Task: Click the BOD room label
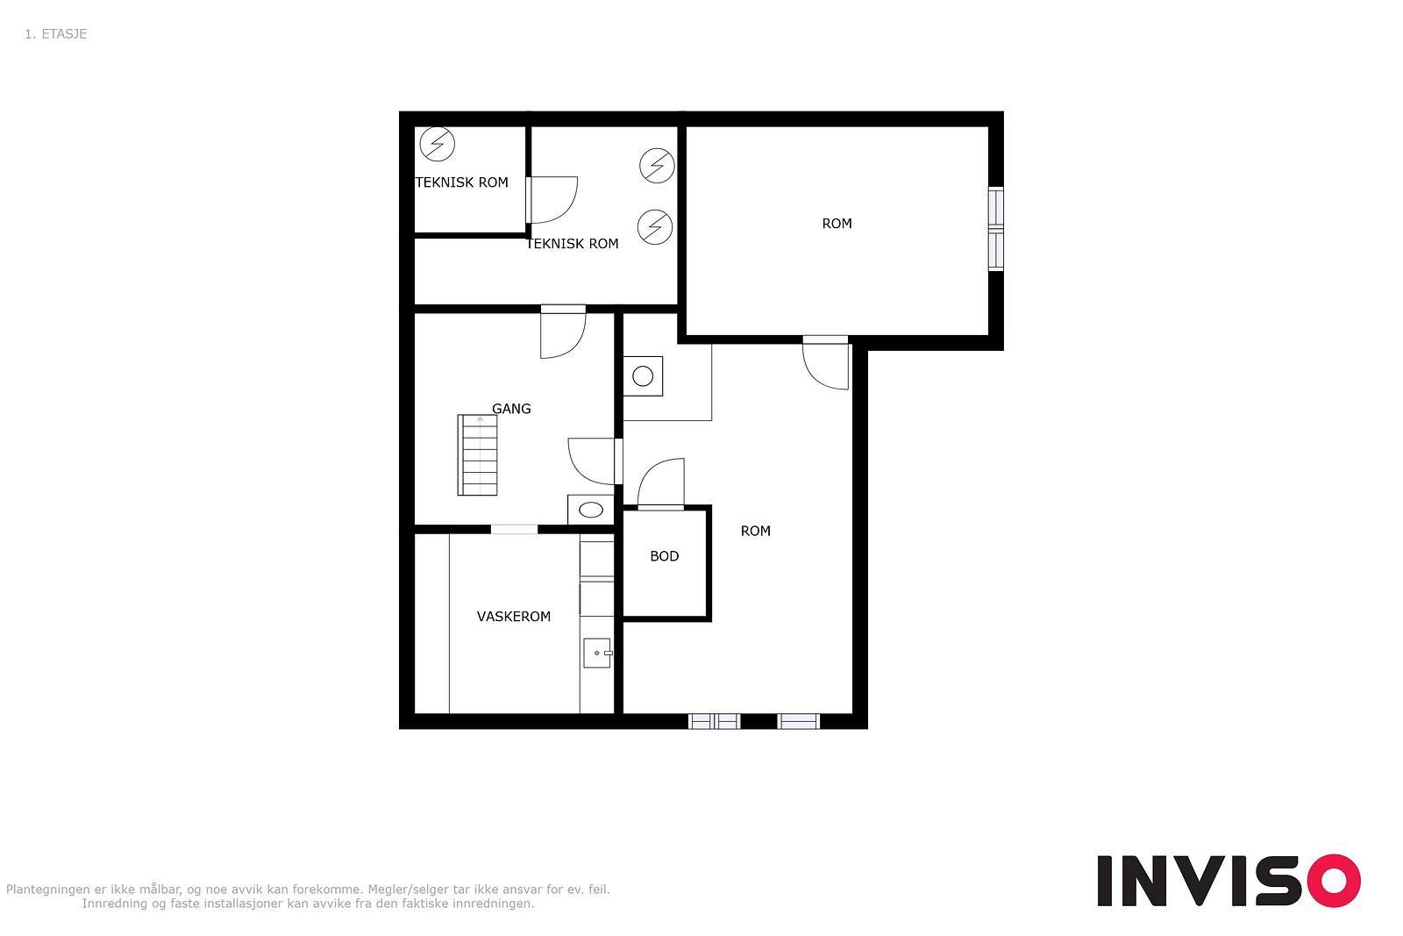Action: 664,556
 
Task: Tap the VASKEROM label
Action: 514,617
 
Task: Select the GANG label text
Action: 511,409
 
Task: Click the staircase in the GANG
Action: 477,455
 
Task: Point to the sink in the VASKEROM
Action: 597,653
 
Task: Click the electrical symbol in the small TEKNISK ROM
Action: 438,144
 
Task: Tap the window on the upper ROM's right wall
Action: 995,229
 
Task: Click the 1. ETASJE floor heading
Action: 56,34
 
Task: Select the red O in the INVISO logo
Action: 1334,880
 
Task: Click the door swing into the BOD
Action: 660,483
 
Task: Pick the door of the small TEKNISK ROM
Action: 552,200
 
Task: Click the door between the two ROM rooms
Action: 825,363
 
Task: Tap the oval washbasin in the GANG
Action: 591,510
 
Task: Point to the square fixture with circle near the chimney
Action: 643,376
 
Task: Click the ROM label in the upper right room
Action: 837,224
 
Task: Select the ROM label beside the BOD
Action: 755,532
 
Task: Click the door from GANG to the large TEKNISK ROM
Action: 563,332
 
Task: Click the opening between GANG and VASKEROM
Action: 514,529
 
